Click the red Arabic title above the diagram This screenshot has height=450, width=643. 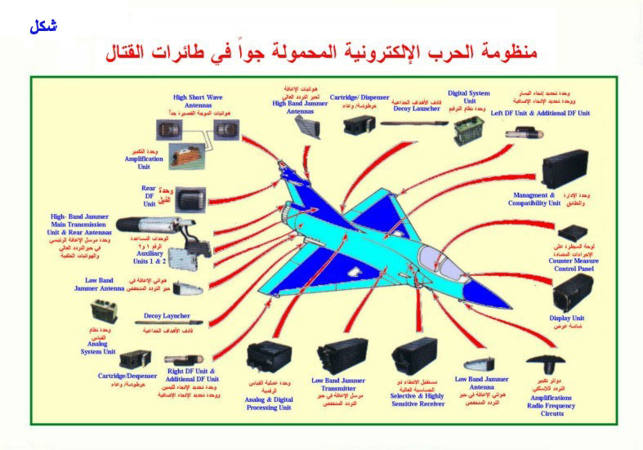(x=323, y=54)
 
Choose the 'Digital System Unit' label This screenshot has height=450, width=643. (x=469, y=98)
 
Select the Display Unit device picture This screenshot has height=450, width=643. (x=573, y=291)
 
